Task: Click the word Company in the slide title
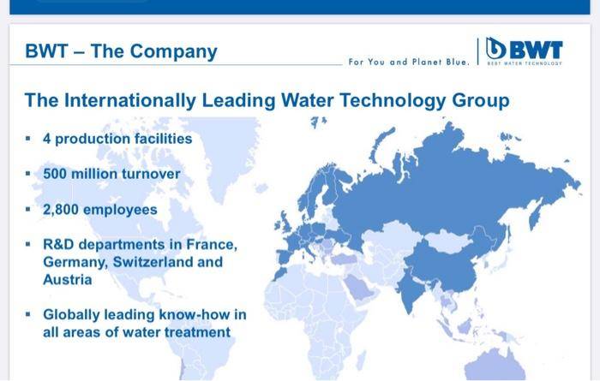[x=173, y=52]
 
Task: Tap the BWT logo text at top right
[x=536, y=50]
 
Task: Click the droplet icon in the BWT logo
[x=495, y=48]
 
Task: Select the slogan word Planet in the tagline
[x=427, y=62]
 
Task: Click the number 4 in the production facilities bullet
[x=46, y=139]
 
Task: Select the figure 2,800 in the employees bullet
[x=61, y=210]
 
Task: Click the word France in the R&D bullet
[x=211, y=245]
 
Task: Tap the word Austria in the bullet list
[x=68, y=280]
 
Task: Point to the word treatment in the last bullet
[x=197, y=332]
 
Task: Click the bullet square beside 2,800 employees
[x=28, y=210]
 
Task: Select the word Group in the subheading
[x=481, y=101]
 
